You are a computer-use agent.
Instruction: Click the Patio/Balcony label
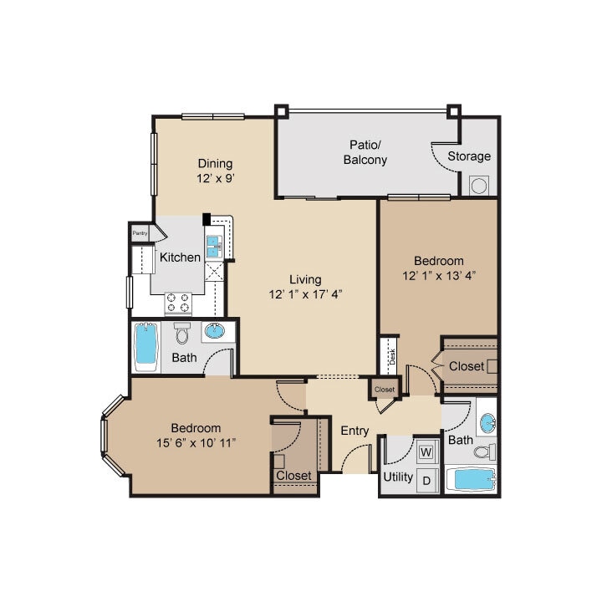(365, 151)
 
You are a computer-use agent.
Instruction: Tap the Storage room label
(469, 156)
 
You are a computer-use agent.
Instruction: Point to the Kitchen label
(180, 257)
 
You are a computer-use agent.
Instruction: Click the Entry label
(355, 431)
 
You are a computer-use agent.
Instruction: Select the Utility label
(398, 477)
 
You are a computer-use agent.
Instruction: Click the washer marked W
(426, 453)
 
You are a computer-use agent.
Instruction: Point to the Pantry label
(140, 233)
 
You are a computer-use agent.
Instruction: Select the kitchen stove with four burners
(179, 302)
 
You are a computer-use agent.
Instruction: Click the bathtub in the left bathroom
(145, 347)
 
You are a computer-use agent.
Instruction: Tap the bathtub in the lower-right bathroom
(469, 480)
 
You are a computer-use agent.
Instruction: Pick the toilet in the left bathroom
(183, 335)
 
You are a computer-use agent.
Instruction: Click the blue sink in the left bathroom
(215, 332)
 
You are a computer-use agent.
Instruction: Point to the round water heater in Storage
(479, 186)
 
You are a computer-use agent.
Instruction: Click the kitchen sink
(213, 246)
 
